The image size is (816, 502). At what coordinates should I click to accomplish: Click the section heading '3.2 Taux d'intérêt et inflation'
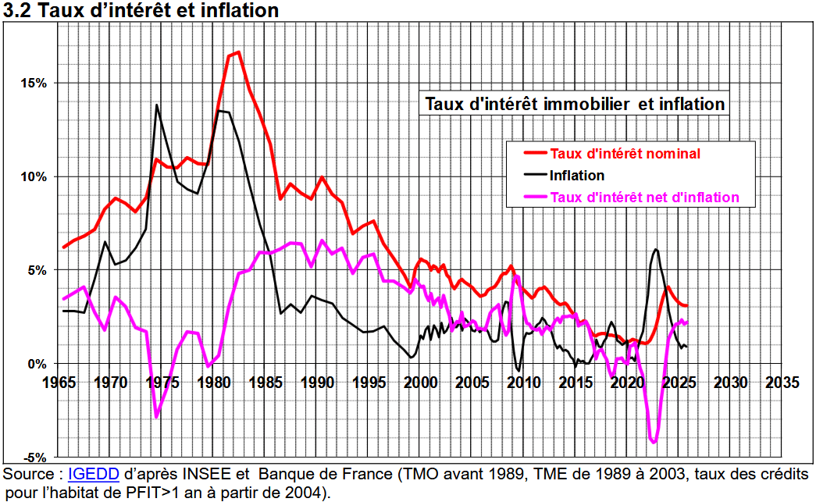click(141, 11)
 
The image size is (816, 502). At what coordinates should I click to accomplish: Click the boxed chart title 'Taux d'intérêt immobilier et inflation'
click(575, 104)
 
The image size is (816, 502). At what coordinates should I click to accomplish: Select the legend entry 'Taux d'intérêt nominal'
click(625, 153)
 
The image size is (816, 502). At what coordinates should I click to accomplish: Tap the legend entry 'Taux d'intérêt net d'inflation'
click(643, 198)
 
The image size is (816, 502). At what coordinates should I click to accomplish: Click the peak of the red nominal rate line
click(238, 52)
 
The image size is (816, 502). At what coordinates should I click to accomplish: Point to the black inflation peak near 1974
click(157, 105)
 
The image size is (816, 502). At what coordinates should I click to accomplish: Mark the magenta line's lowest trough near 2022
click(654, 443)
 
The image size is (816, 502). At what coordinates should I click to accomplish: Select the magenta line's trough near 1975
click(157, 417)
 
